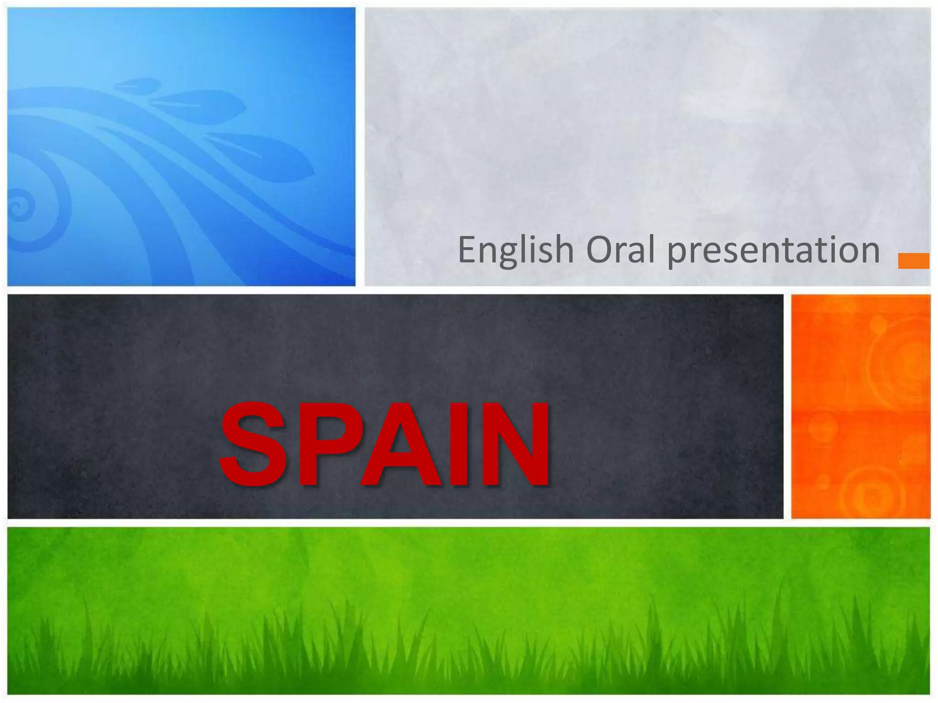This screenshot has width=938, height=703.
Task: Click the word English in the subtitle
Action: tap(516, 251)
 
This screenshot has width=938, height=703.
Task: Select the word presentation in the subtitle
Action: tap(773, 251)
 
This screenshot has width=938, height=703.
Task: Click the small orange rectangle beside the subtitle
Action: tap(913, 260)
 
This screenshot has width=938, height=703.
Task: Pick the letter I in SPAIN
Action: tap(459, 444)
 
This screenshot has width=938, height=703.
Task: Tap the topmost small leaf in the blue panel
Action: tap(137, 86)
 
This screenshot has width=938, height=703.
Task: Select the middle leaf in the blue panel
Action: tap(202, 106)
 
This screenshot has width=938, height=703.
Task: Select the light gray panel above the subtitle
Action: tap(641, 114)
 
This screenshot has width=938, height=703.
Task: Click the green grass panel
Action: tap(467, 609)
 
